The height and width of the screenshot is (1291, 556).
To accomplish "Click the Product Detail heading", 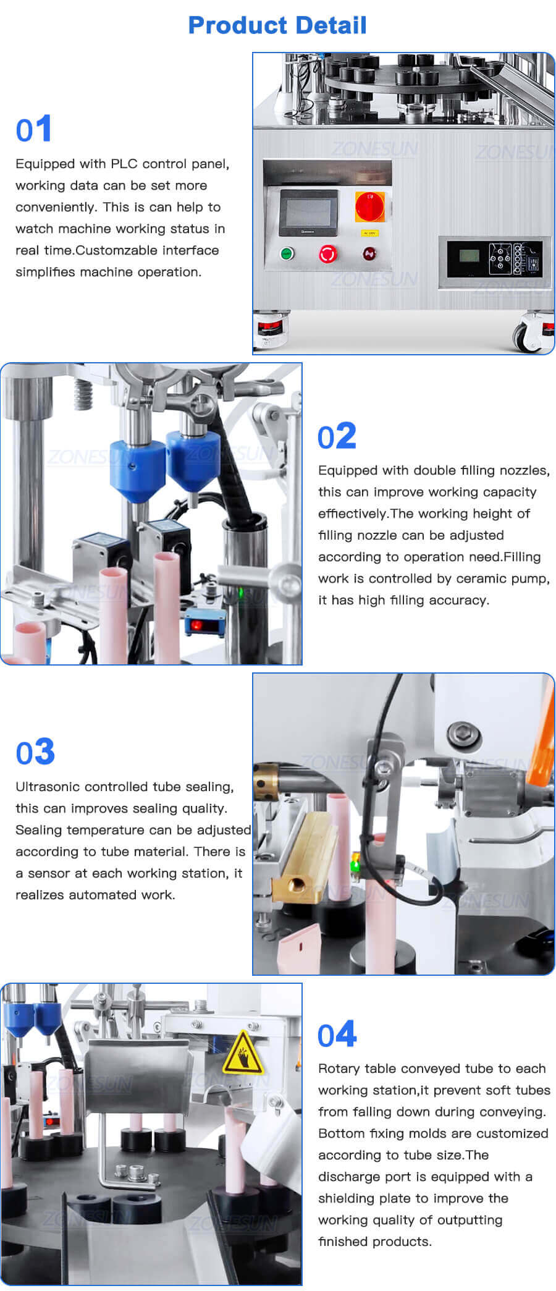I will (277, 25).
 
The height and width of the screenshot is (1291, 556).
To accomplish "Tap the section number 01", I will (34, 130).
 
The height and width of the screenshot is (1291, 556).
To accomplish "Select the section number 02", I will (337, 436).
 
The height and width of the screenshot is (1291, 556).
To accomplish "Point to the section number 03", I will (35, 752).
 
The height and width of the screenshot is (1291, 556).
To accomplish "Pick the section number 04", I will (337, 1035).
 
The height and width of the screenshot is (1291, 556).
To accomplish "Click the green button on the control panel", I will (287, 253).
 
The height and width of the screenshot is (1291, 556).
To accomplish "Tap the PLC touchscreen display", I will (308, 211).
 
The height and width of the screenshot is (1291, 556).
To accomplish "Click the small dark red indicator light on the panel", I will (369, 253).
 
